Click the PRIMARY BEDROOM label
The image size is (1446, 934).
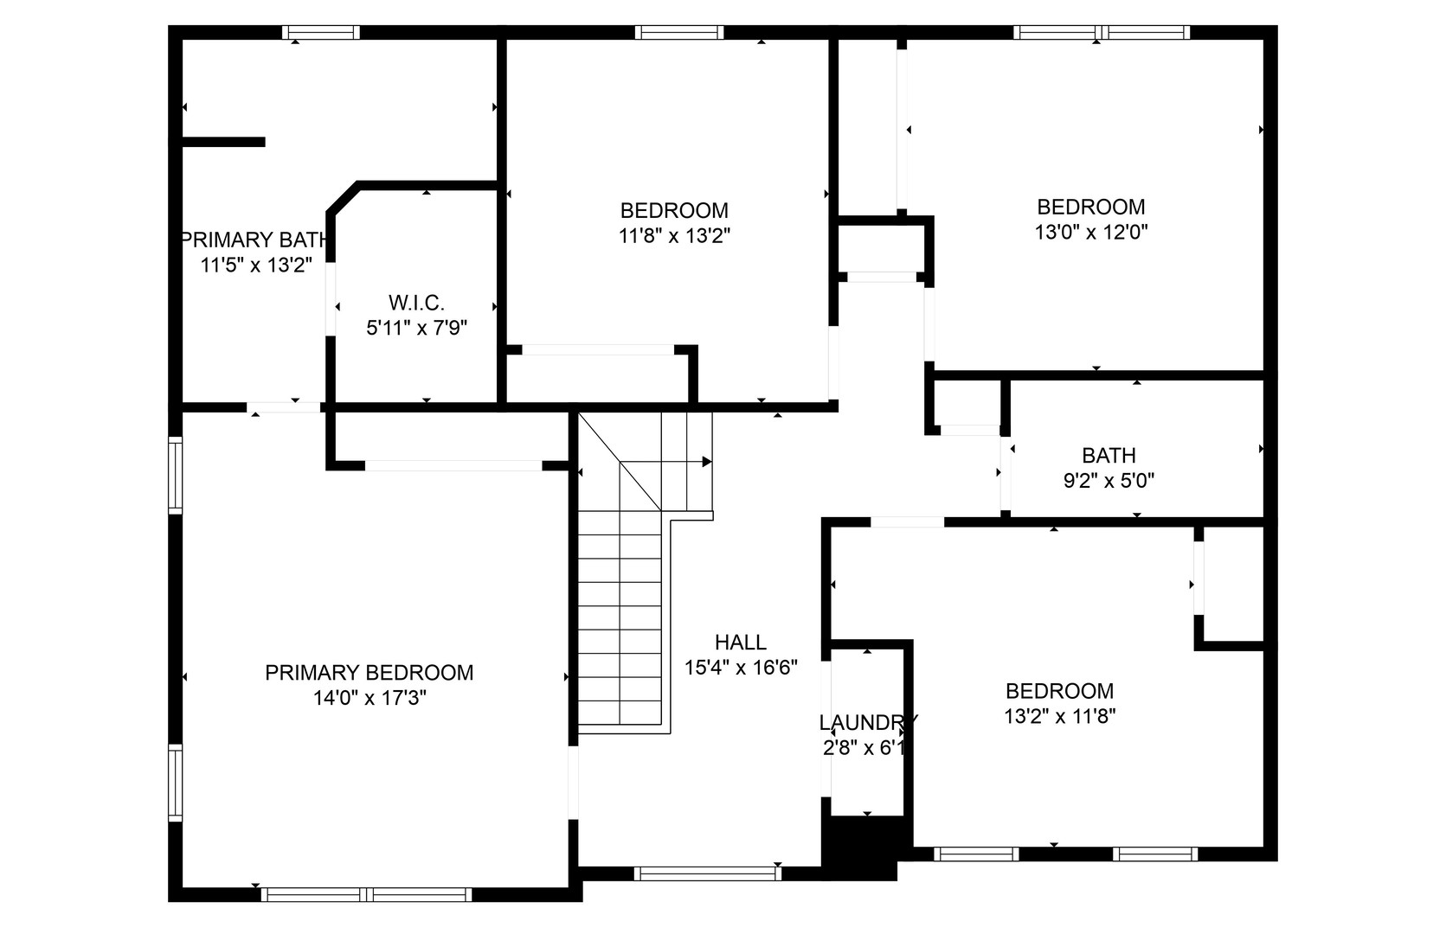(x=369, y=673)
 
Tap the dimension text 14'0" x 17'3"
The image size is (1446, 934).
(x=369, y=698)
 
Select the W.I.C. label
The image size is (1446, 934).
(x=416, y=303)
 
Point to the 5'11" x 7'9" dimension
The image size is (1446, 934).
(x=416, y=328)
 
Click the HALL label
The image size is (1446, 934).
(x=740, y=643)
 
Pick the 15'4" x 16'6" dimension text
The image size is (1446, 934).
(x=740, y=668)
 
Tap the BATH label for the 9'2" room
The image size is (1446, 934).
(x=1109, y=455)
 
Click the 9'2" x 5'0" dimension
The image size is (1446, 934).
(x=1109, y=480)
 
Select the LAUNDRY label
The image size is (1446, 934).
(x=867, y=722)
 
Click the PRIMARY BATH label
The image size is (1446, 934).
(x=254, y=240)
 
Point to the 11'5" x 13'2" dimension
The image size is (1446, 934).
(x=255, y=265)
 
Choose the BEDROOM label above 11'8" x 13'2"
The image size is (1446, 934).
(x=674, y=210)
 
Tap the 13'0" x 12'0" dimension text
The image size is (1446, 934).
(x=1090, y=232)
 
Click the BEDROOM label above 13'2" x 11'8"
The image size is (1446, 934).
(x=1059, y=691)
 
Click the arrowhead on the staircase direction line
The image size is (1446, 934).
(x=707, y=462)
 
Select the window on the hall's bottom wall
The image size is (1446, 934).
(x=708, y=873)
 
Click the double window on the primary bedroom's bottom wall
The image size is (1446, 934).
(x=366, y=894)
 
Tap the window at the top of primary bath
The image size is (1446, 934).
(x=321, y=33)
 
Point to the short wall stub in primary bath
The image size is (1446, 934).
(x=223, y=142)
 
